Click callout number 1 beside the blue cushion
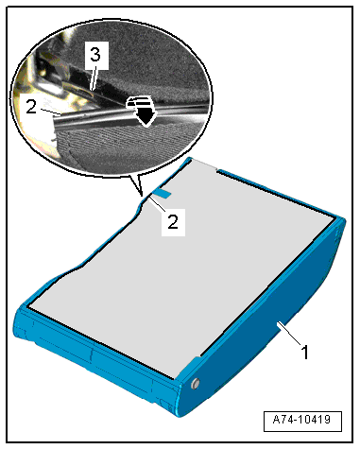(x=304, y=352)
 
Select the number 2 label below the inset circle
(x=173, y=221)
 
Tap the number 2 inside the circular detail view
(x=31, y=107)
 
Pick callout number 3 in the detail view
(x=95, y=55)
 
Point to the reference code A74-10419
(x=302, y=420)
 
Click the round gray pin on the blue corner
(x=196, y=383)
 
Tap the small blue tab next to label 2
(x=162, y=194)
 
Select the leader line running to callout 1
(x=289, y=334)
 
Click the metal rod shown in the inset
(x=97, y=117)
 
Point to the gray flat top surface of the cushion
(x=182, y=268)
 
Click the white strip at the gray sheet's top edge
(x=204, y=164)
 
